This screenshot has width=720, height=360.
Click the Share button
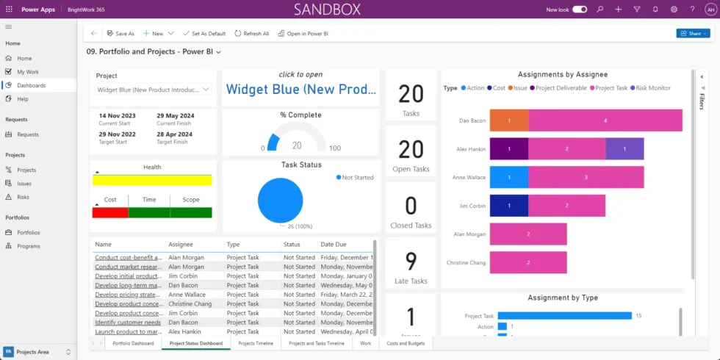[x=692, y=33]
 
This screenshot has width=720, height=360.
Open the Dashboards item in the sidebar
[x=31, y=85]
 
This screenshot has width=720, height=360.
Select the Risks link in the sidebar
[x=24, y=197]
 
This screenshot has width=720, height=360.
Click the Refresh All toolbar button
[x=252, y=34]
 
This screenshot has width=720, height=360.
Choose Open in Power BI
[x=303, y=34]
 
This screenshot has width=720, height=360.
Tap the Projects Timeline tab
[x=256, y=343]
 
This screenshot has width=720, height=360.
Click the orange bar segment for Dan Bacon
[x=508, y=120]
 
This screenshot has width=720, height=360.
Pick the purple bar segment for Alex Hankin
[x=624, y=148]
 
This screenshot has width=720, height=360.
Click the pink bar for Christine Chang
[x=528, y=262]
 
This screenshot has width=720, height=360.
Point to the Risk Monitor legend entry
[x=652, y=88]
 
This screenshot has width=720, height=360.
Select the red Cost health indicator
[x=109, y=212]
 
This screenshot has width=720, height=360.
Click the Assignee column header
[x=181, y=244]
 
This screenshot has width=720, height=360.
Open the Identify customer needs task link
[x=127, y=323]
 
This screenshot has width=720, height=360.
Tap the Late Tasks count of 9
[x=411, y=262]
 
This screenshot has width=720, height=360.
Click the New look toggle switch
[x=580, y=10]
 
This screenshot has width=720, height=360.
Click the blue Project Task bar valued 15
[x=564, y=316]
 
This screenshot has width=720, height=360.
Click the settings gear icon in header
[x=674, y=10]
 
